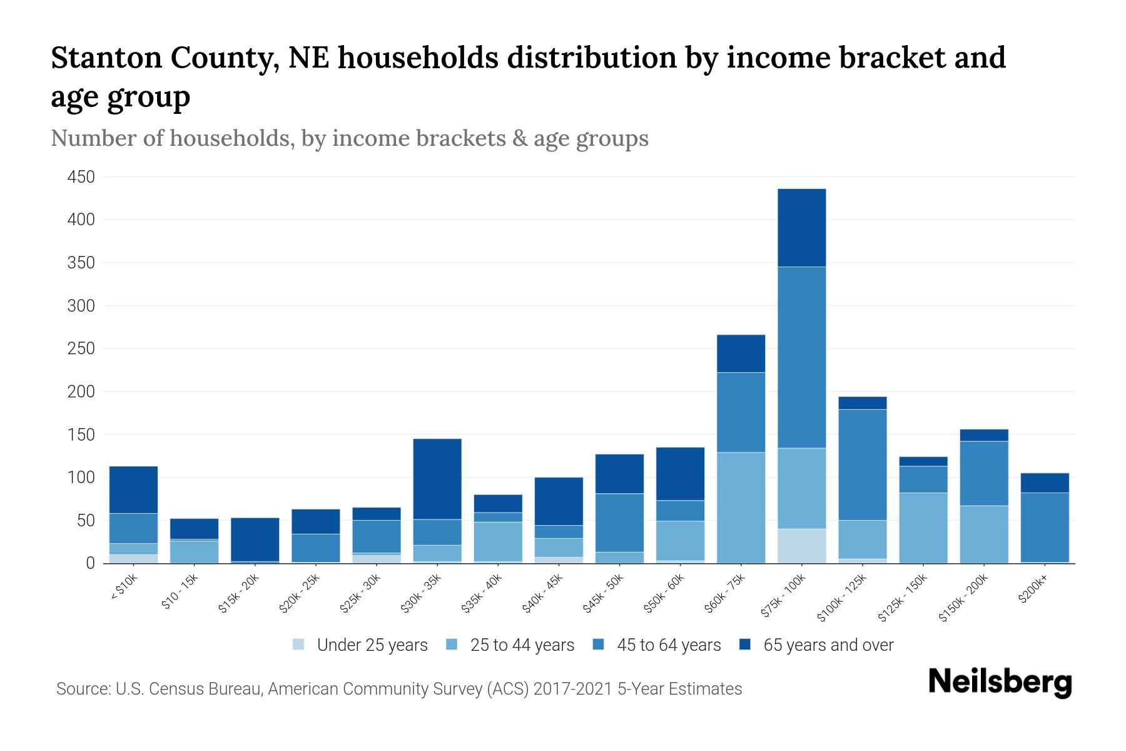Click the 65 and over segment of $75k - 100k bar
click(801, 228)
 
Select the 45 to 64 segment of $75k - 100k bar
click(801, 357)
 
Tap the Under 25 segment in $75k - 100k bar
click(801, 546)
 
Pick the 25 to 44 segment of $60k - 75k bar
click(741, 508)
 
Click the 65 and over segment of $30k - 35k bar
click(437, 479)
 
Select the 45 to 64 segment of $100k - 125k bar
click(862, 464)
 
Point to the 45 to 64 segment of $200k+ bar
click(1044, 527)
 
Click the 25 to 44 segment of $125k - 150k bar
click(923, 528)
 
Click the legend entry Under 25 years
click(372, 645)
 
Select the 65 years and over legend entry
click(828, 645)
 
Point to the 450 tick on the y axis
click(81, 177)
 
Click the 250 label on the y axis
click(81, 349)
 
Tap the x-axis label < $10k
click(124, 587)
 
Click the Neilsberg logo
click(1000, 682)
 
